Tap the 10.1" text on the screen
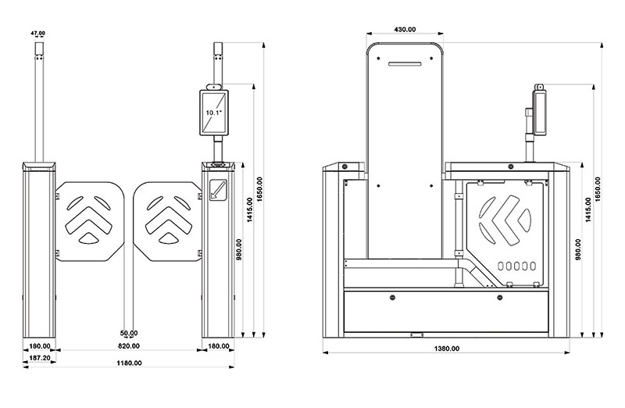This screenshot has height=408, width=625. point(214,113)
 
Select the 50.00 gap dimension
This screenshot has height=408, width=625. point(129,333)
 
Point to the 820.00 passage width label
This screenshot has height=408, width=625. point(129,345)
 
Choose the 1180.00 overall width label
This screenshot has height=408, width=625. point(129,363)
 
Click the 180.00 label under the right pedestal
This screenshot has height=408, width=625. point(219,345)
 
